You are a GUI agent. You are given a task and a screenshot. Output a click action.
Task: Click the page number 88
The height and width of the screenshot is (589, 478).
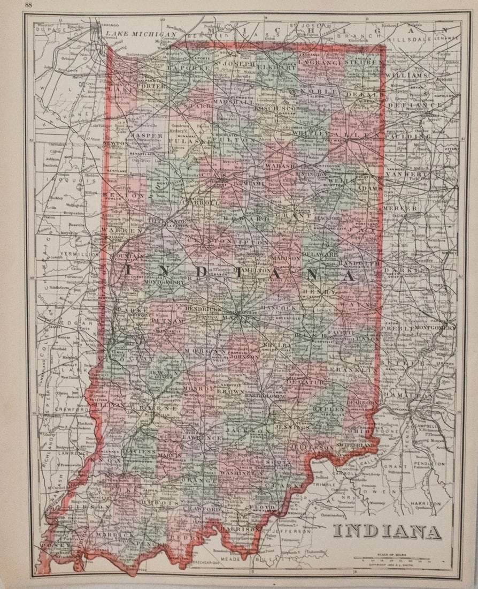pos(28,5)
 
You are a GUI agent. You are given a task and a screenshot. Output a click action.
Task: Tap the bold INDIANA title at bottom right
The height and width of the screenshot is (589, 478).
pos(387,531)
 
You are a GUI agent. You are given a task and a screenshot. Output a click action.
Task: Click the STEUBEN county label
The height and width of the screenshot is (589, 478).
pos(364,63)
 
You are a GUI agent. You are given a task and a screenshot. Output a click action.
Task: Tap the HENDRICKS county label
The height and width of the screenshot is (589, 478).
pos(203,309)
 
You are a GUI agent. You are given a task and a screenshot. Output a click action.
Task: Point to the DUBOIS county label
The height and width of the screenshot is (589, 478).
pos(161,503)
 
